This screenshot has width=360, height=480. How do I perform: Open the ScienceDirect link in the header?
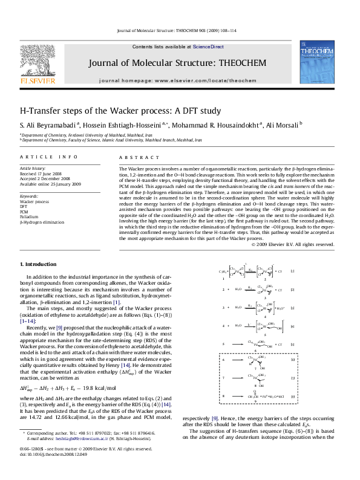[x=208, y=47]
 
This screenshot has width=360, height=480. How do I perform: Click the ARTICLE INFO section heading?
[x=49, y=157]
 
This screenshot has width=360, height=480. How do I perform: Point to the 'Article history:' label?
[x=33, y=167]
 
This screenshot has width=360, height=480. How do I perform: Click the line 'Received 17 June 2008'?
[x=41, y=173]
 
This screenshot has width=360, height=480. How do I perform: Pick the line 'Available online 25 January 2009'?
[x=50, y=184]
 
